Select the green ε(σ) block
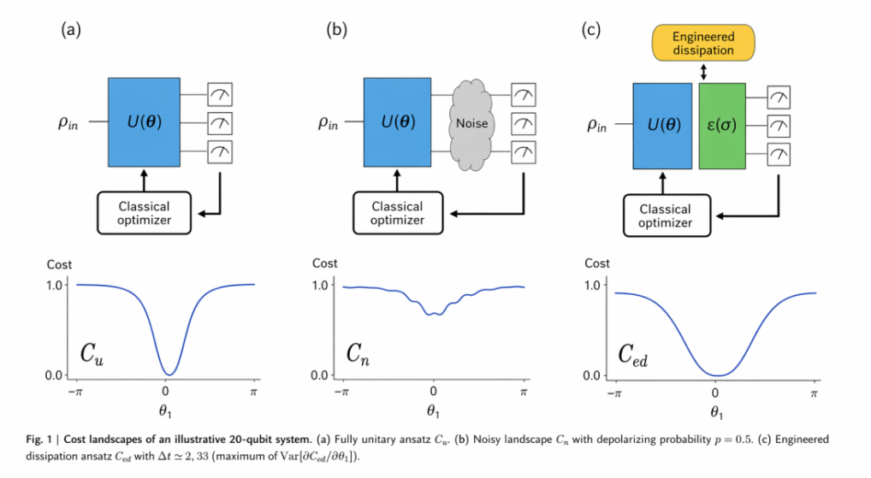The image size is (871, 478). [x=722, y=126]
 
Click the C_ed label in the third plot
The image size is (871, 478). [x=628, y=352]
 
